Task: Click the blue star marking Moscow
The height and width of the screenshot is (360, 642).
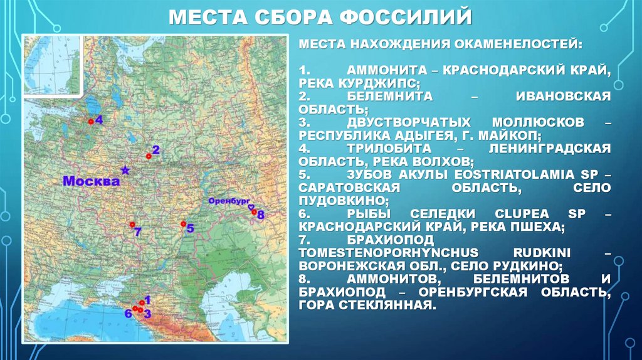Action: pos(125,169)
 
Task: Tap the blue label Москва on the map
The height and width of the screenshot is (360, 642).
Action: pos(91,181)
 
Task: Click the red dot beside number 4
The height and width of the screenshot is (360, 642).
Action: pos(90,120)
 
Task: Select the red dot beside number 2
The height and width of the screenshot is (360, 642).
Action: pos(148,156)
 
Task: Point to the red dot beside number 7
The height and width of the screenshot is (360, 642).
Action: pos(132,224)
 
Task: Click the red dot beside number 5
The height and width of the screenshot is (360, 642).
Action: pos(182,224)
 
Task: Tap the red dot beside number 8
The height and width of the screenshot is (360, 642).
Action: pos(254,212)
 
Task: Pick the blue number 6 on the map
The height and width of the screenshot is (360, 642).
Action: pos(128,313)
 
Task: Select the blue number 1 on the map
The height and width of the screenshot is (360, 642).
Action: pos(147,299)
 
